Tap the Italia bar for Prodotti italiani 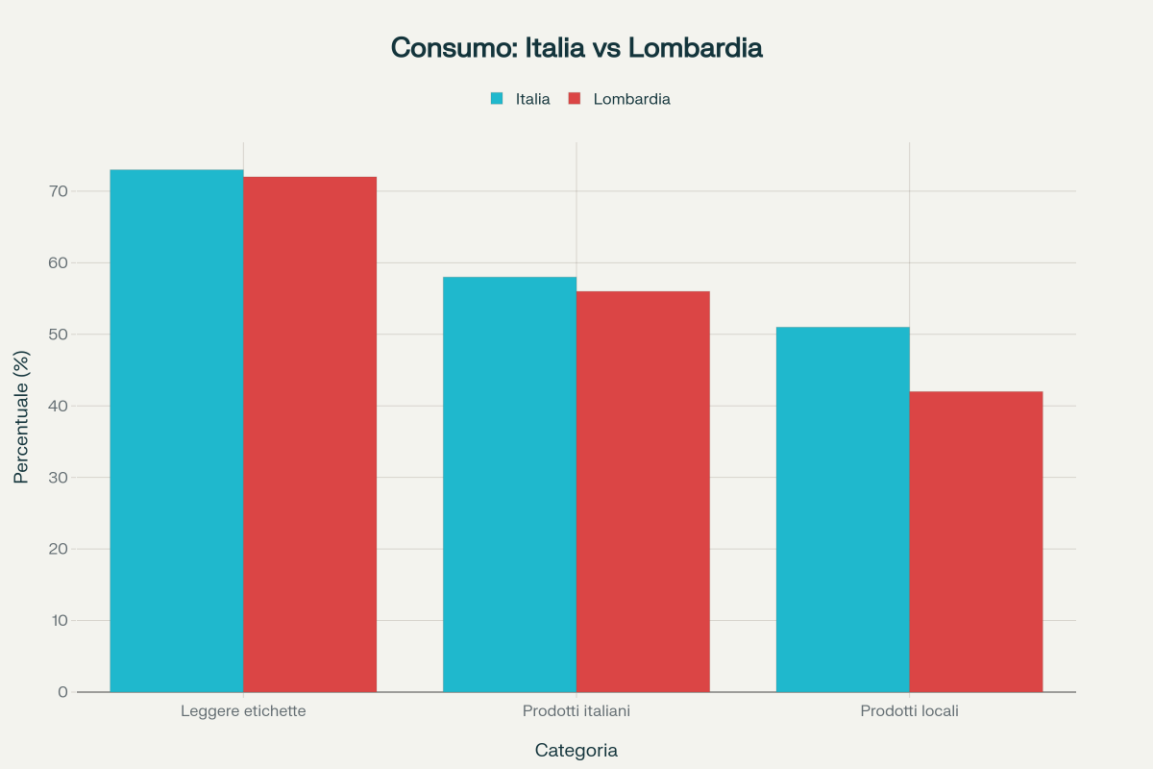(x=509, y=484)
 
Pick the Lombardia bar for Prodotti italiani (x=643, y=491)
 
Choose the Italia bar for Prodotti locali (x=843, y=509)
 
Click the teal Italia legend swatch (x=497, y=98)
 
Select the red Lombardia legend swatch (x=575, y=98)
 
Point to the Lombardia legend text (x=631, y=98)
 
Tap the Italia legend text (x=532, y=98)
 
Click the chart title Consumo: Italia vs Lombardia (x=576, y=48)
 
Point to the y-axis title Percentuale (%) (x=21, y=417)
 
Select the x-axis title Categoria (x=576, y=750)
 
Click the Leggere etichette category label (x=243, y=711)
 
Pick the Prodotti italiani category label (x=576, y=711)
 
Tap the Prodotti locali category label (x=909, y=711)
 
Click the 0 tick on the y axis (x=62, y=692)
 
